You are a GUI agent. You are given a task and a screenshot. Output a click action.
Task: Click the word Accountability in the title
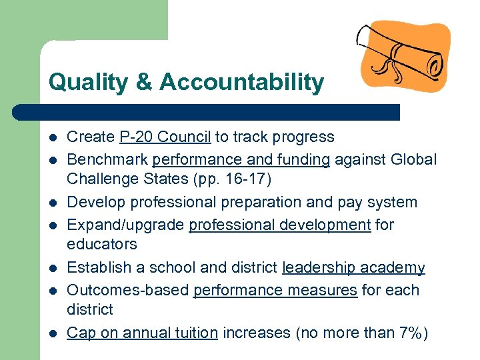241,83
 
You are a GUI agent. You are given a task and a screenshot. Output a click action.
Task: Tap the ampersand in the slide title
144,83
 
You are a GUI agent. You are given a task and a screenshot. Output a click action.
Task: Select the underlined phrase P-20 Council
165,137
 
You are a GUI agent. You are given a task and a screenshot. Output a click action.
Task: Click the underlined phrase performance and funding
241,160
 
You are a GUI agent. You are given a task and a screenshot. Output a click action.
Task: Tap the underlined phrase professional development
280,225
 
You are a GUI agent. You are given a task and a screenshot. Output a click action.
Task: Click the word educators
102,245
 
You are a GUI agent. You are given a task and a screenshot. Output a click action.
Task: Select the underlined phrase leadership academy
353,268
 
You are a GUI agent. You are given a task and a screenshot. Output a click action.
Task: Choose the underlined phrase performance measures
275,291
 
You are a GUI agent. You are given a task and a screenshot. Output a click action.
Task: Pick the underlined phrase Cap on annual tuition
143,333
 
